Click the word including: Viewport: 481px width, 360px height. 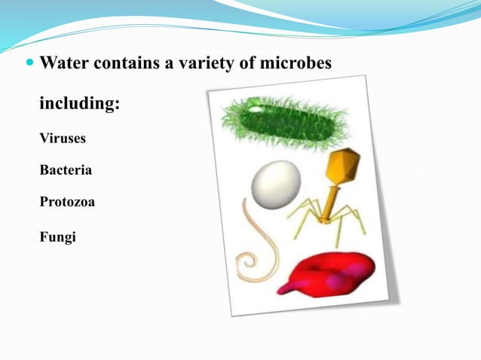79,103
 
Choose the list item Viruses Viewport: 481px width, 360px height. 63,139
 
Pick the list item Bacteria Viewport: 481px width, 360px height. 66,171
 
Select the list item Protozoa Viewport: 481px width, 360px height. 67,203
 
